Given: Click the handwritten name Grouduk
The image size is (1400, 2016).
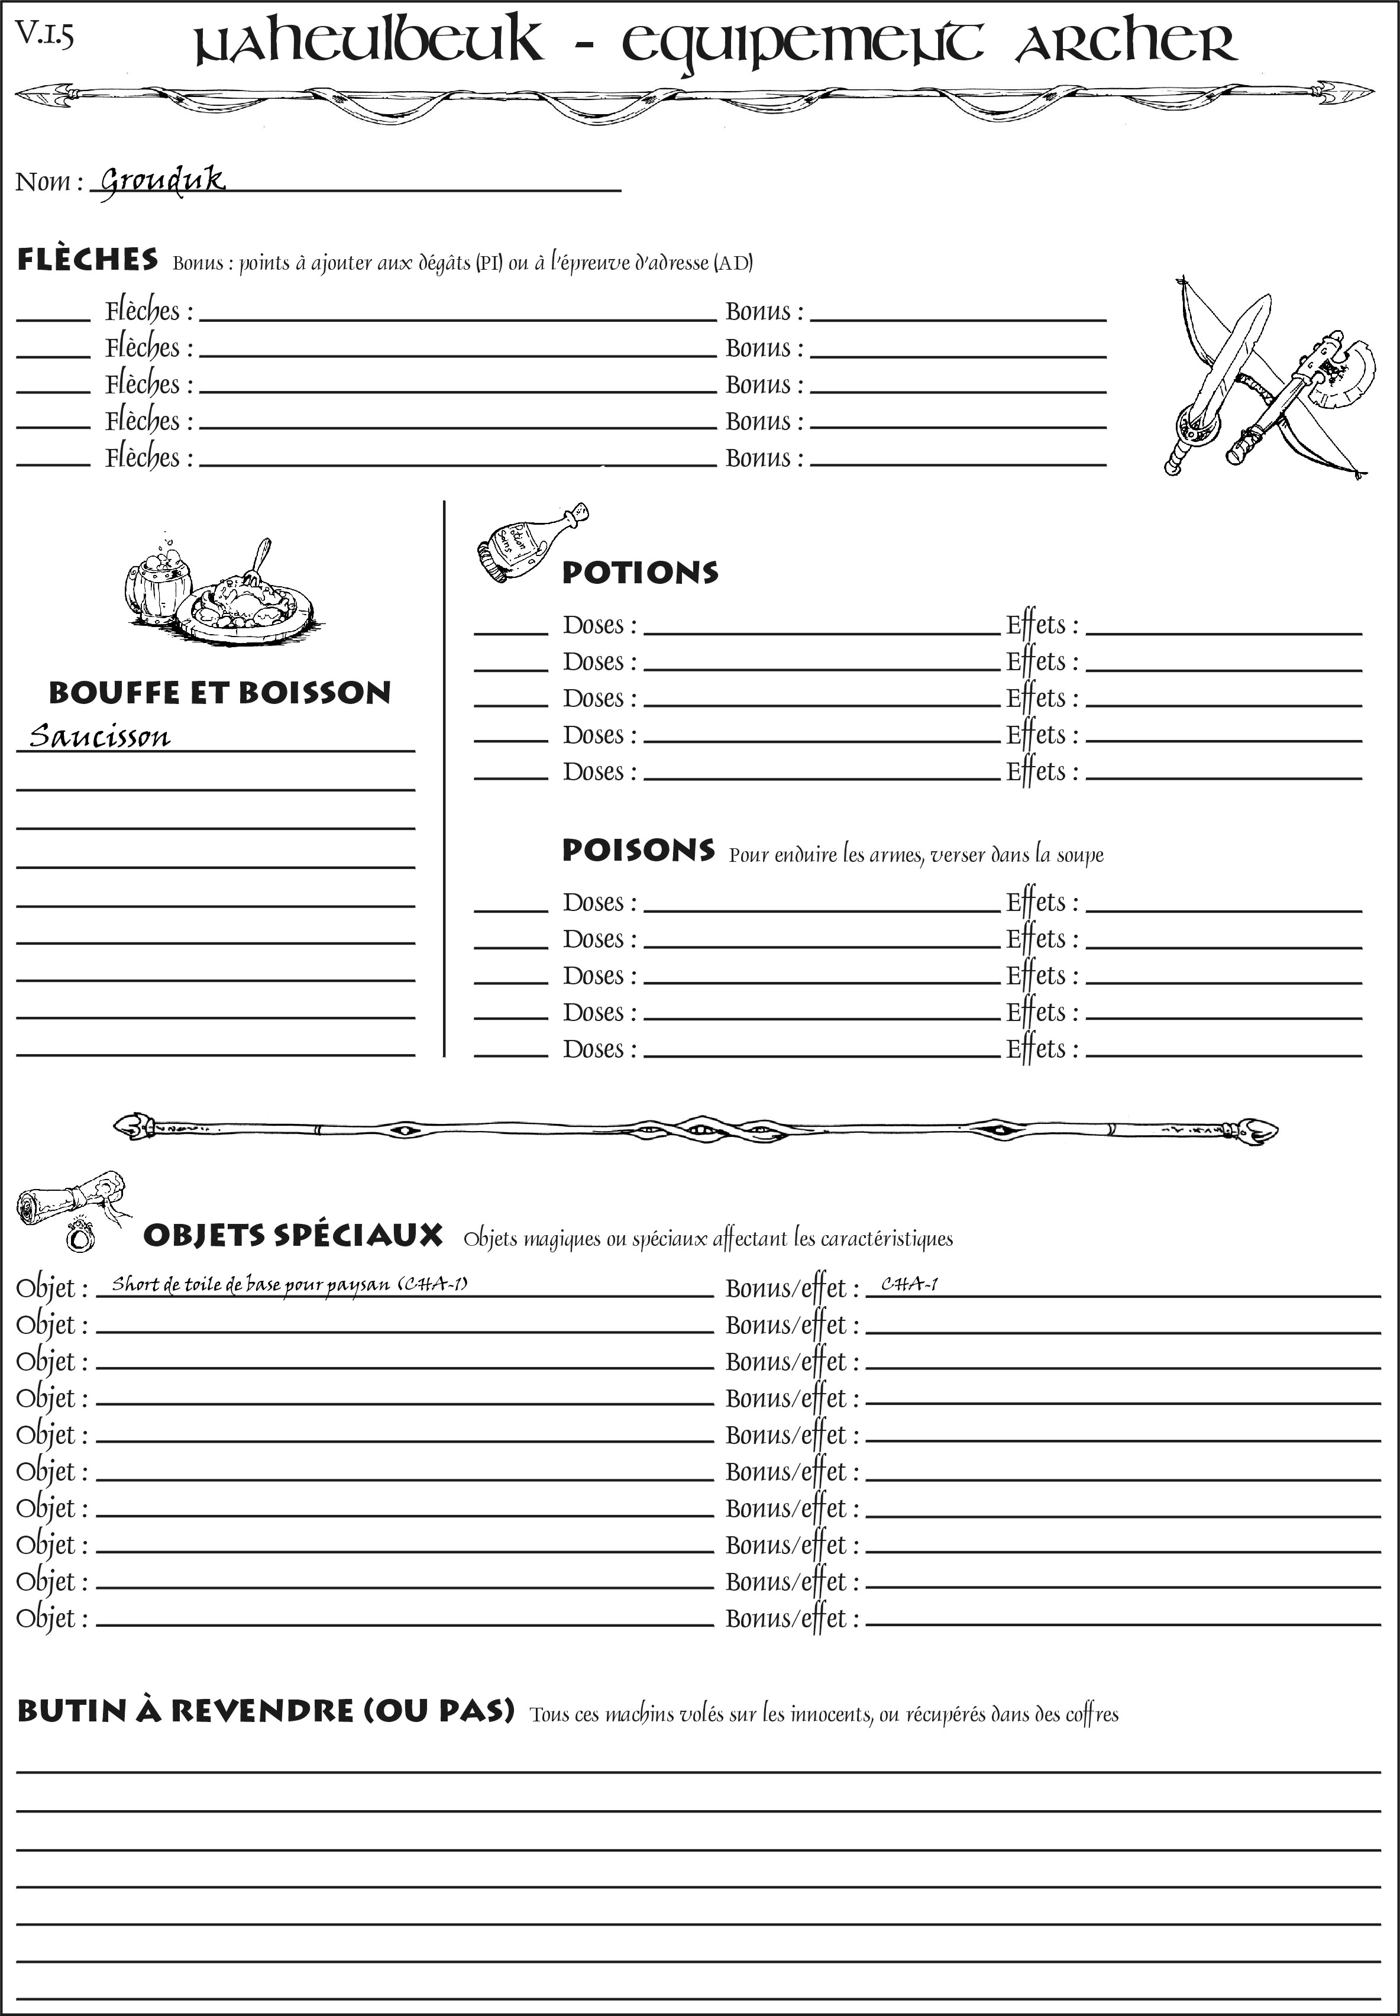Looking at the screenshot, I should click(x=162, y=181).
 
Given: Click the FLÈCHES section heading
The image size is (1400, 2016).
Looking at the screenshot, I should click(x=88, y=260).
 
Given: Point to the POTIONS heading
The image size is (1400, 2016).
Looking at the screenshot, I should click(x=639, y=573).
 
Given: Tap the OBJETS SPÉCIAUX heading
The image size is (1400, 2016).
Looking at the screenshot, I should click(x=293, y=1235).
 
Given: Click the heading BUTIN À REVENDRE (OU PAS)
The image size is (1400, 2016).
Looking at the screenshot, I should click(x=265, y=1711).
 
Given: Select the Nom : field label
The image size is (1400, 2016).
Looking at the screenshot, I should click(x=49, y=182).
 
